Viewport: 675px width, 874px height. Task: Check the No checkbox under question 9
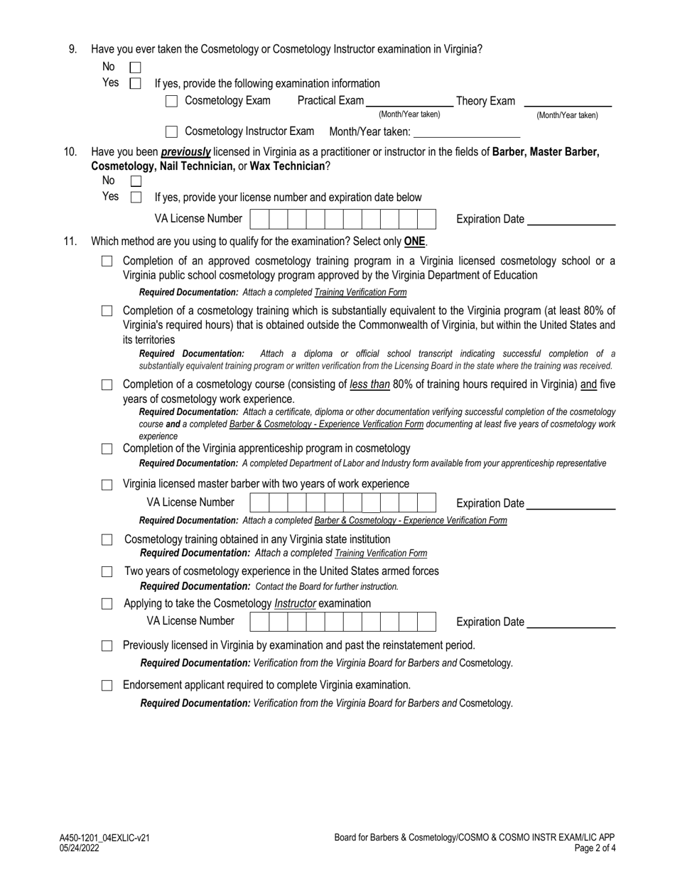click(136, 68)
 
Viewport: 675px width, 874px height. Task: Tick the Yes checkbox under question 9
click(136, 83)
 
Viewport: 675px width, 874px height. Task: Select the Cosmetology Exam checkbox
click(171, 101)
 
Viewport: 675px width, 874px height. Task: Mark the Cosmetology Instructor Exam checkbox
click(171, 131)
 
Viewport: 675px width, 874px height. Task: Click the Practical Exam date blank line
click(409, 103)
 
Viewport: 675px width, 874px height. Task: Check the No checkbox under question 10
click(136, 182)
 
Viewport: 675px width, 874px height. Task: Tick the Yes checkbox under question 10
click(136, 198)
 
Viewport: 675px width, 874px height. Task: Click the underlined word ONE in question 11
click(415, 242)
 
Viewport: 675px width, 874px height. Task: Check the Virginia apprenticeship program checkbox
click(107, 449)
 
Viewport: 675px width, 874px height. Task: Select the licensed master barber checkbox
click(107, 485)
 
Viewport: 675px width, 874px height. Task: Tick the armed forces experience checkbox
click(107, 572)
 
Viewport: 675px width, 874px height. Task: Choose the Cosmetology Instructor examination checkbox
click(107, 604)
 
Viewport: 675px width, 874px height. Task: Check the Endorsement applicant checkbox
click(107, 686)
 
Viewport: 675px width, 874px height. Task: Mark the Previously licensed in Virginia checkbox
click(107, 646)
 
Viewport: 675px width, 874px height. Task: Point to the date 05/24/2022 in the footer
click(80, 848)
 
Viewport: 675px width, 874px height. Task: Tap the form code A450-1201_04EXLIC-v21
click(104, 838)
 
